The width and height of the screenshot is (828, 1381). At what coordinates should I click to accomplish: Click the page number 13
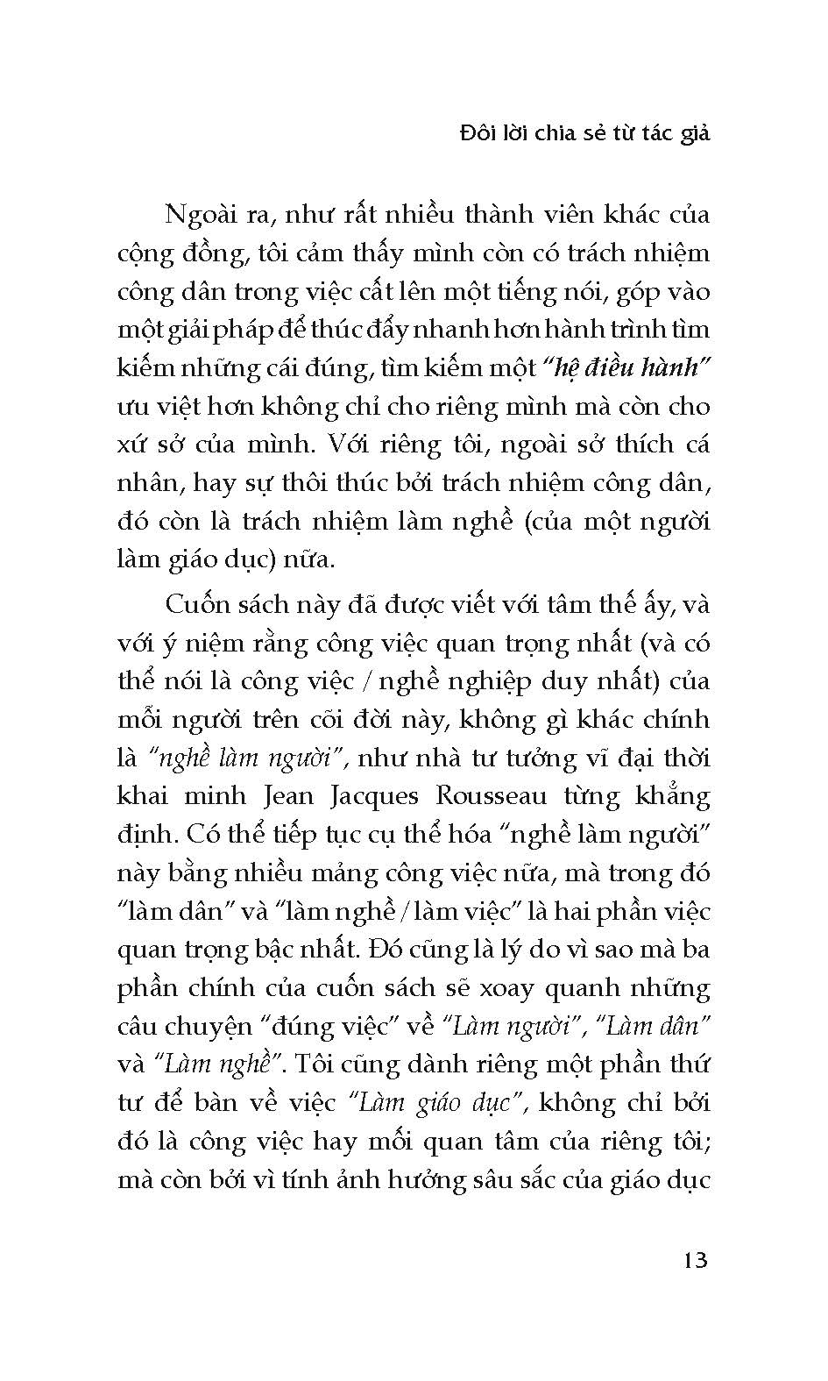tap(692, 1261)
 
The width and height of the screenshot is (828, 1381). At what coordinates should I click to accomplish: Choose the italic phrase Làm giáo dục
tap(435, 1102)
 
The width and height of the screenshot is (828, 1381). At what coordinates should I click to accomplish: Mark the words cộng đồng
tap(182, 254)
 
